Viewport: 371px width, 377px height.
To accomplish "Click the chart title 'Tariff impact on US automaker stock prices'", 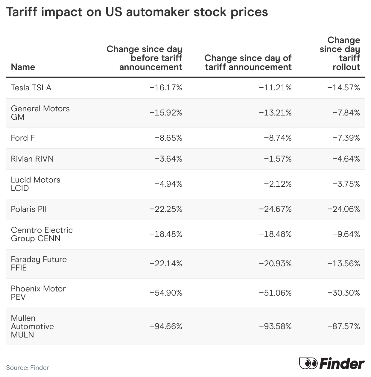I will (x=137, y=12).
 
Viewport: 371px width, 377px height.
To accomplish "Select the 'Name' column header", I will (x=23, y=67).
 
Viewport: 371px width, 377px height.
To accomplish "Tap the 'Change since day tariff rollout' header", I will (x=340, y=54).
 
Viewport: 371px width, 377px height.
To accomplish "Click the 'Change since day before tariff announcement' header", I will (x=144, y=58).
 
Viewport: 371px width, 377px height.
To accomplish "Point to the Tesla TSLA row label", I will (x=31, y=88).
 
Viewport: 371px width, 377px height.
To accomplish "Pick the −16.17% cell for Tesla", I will (x=166, y=88).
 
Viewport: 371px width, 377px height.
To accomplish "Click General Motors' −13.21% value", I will (x=275, y=113).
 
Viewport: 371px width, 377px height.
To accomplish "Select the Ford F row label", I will (x=23, y=138).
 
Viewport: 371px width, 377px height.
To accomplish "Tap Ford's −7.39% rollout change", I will (x=346, y=138).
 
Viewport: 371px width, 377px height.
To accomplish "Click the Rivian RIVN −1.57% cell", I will (x=277, y=159).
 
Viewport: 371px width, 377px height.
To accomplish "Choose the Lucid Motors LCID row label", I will (x=35, y=184).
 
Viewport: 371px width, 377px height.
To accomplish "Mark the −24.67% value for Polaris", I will (x=275, y=209).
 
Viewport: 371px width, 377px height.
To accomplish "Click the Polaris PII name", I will (x=29, y=209).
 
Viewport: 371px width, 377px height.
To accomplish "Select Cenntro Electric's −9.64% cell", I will (x=346, y=234).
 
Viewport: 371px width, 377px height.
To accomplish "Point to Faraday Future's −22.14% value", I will (x=166, y=264).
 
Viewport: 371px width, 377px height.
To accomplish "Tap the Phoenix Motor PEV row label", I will (x=38, y=293).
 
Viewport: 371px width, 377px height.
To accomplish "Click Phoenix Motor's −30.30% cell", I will (x=343, y=293).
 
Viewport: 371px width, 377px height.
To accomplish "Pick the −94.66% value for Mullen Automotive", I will (x=166, y=326).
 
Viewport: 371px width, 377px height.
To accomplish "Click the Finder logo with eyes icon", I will (x=332, y=364).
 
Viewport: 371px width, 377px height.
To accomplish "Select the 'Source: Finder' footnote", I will (x=27, y=368).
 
